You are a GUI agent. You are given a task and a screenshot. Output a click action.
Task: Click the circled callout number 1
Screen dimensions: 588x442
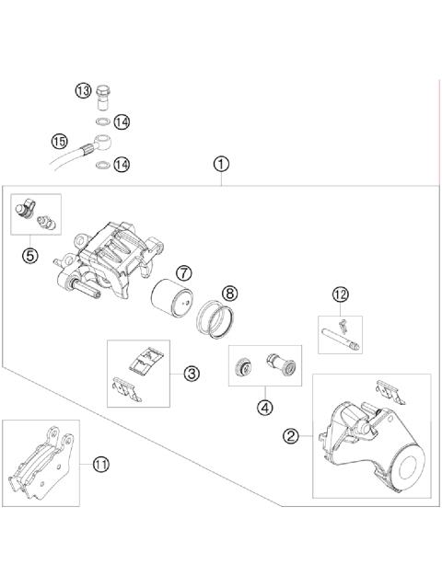(220, 165)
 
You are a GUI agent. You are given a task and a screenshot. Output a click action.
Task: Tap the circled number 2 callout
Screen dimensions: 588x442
(292, 436)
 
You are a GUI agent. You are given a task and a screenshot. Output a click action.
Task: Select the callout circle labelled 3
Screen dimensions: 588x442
(191, 374)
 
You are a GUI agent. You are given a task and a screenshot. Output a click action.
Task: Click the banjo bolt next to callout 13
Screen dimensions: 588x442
(106, 95)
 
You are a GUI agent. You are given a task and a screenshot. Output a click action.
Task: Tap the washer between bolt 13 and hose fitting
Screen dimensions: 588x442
(102, 121)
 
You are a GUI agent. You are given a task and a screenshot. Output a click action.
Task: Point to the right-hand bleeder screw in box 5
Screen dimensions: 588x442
(42, 223)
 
